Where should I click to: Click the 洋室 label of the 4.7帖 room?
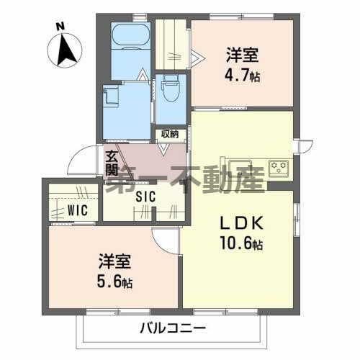pyautogui.click(x=243, y=54)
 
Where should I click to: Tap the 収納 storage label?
pyautogui.click(x=169, y=134)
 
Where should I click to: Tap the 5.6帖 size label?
pyautogui.click(x=114, y=280)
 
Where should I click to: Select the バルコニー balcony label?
pyautogui.click(x=168, y=329)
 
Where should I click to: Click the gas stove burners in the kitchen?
pyautogui.click(x=278, y=168)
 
